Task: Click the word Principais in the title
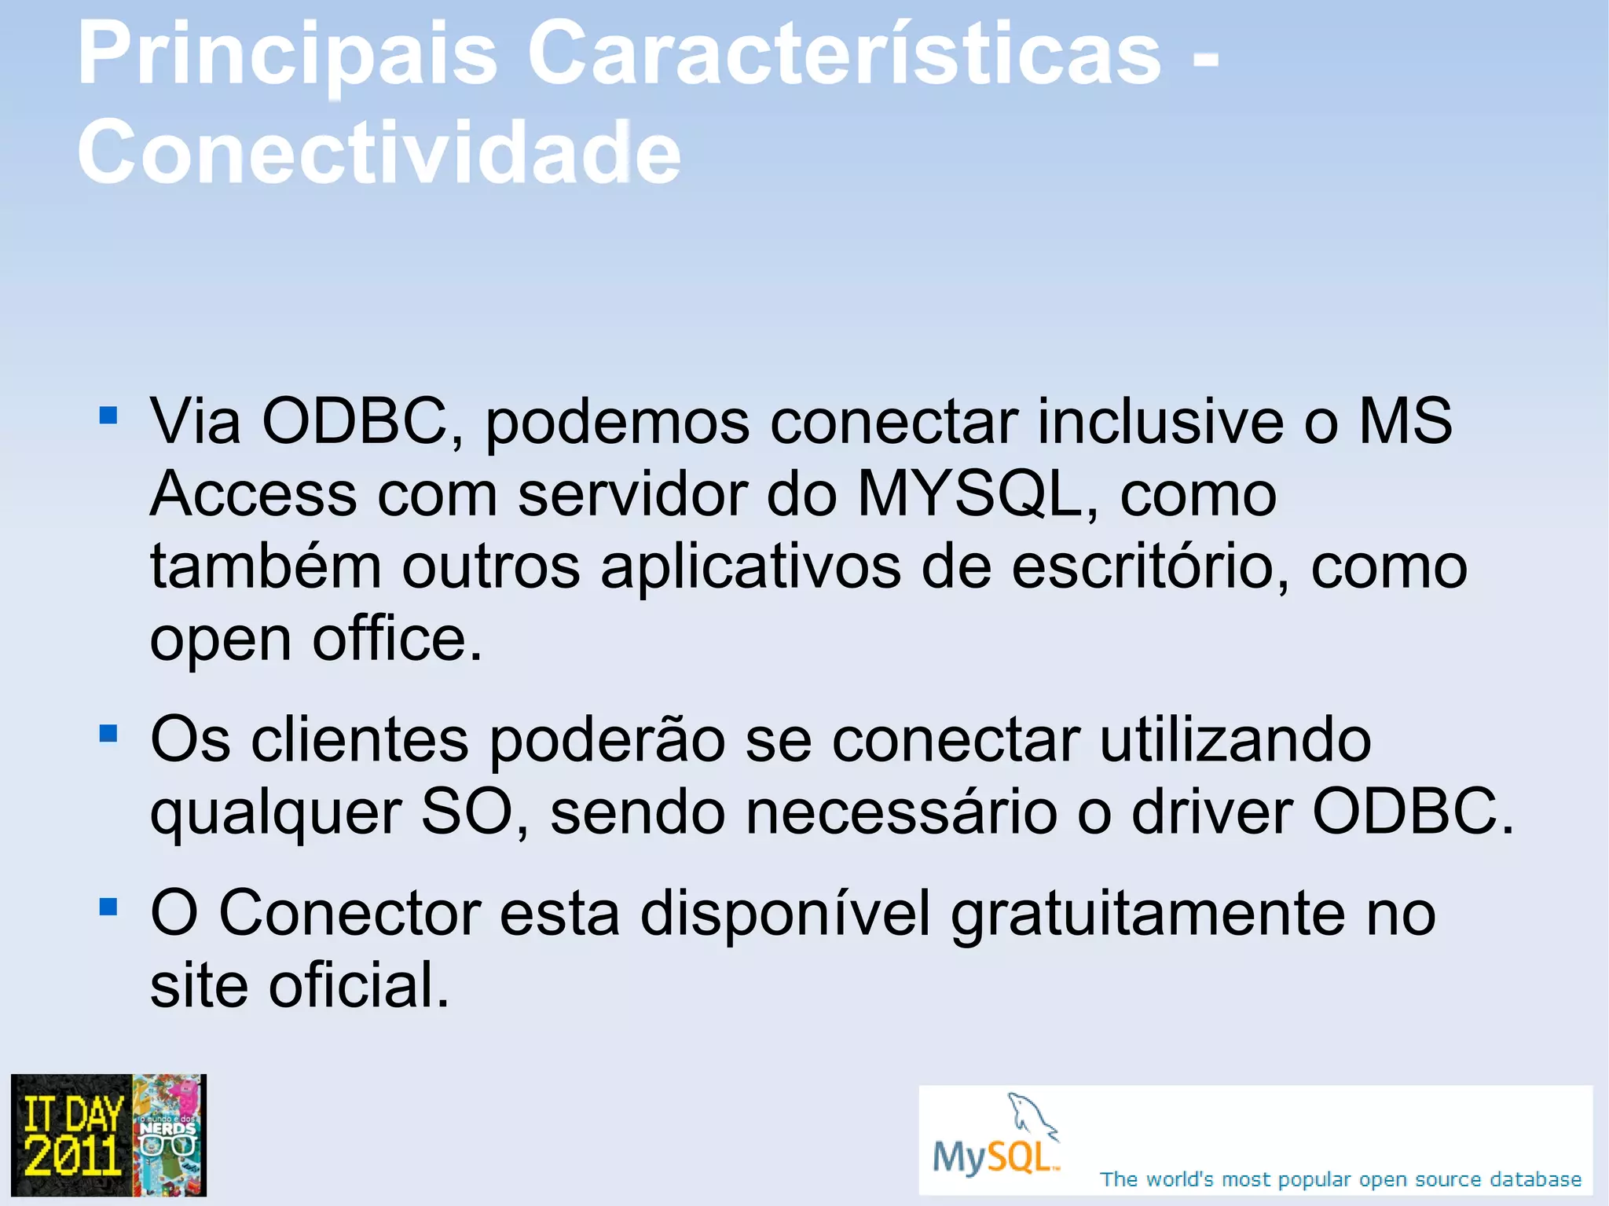288,55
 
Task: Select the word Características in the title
844,55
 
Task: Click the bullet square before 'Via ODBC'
108,414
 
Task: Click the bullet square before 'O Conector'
108,907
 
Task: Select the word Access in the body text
253,495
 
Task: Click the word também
266,567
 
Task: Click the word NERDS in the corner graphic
167,1129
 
